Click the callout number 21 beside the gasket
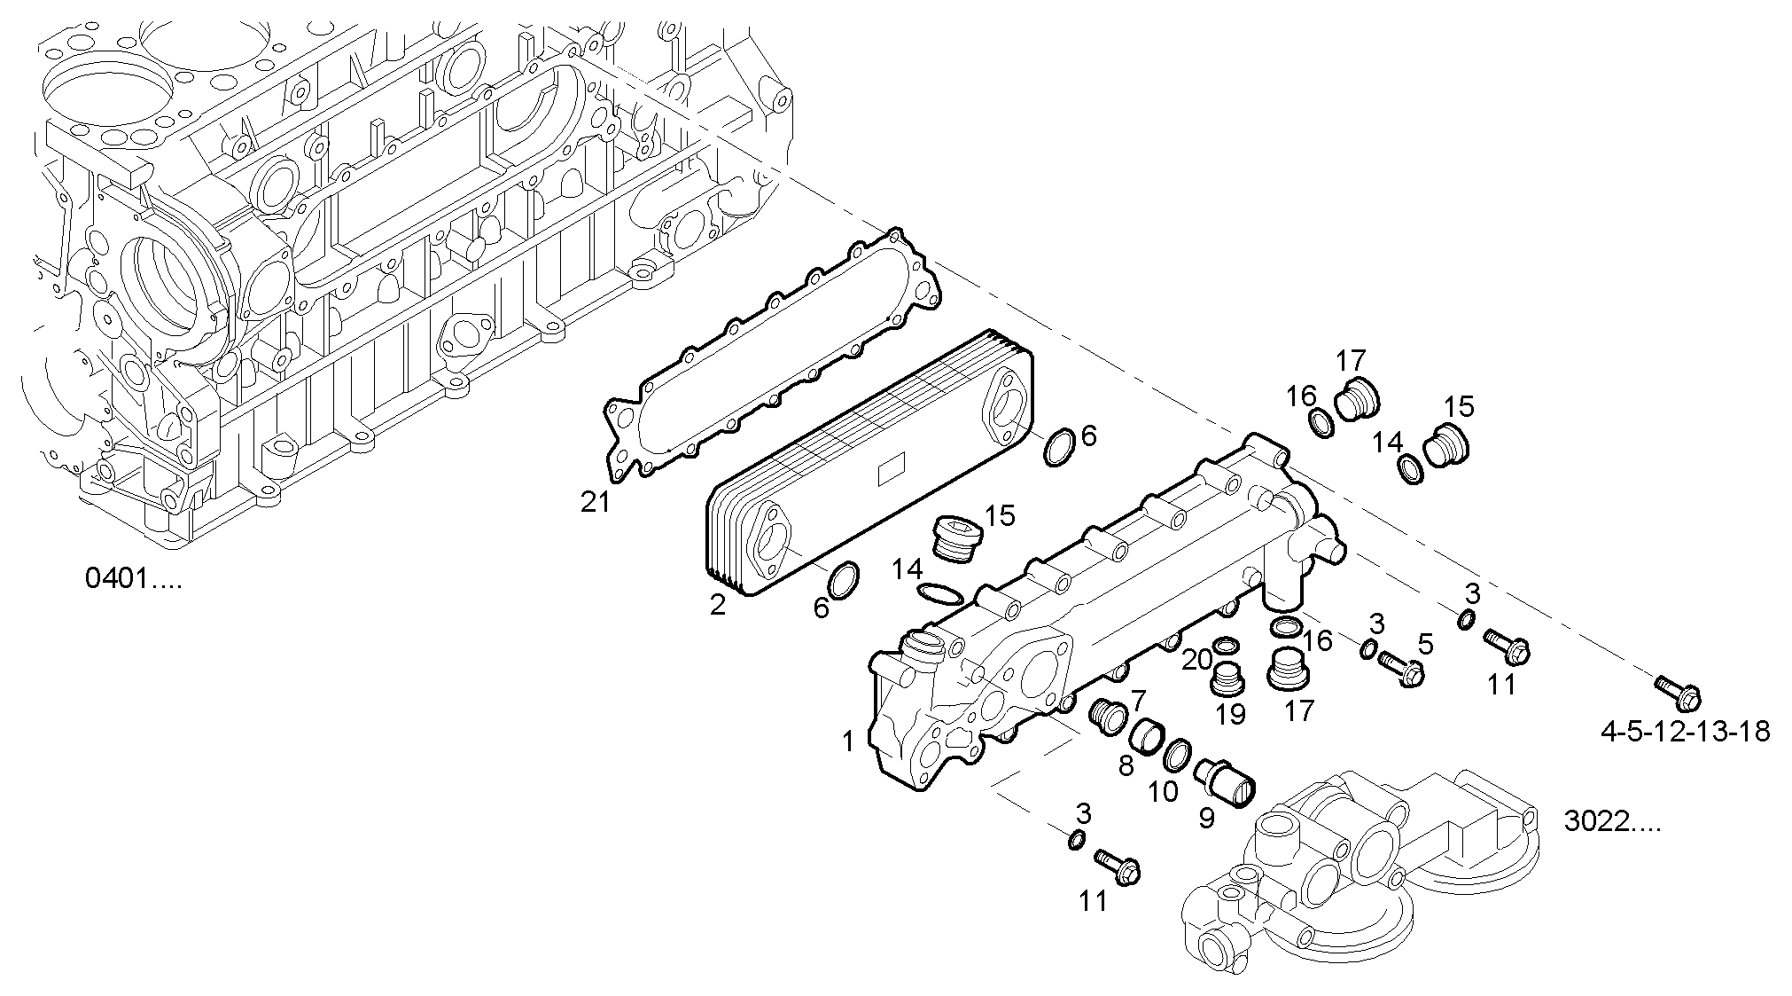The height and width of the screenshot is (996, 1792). coord(596,503)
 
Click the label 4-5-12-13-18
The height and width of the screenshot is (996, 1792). coord(1686,731)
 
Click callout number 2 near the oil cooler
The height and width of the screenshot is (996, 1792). coord(718,605)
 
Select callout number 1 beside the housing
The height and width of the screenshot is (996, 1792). coord(848,741)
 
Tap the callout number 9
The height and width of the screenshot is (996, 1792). coord(1206,817)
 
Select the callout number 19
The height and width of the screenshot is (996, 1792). coord(1230,713)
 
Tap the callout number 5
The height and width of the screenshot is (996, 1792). coord(1425,642)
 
